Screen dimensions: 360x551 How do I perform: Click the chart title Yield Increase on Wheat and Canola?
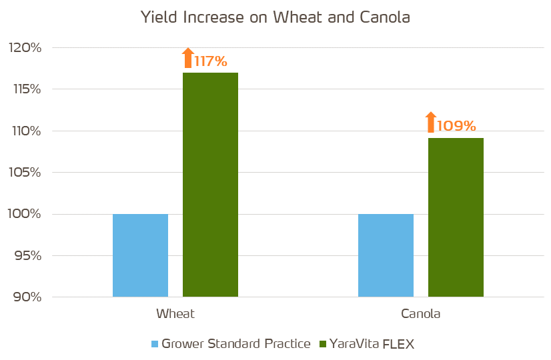[275, 18]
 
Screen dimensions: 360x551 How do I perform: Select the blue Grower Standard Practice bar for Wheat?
[140, 255]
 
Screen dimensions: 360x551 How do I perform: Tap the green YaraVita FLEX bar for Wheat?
[210, 185]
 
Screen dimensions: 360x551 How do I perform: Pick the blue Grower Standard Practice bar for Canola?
[386, 255]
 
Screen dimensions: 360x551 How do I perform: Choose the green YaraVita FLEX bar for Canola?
[456, 217]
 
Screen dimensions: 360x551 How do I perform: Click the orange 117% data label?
[211, 61]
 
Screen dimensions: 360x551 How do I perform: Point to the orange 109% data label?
[456, 125]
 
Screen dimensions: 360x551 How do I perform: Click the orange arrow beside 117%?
[188, 58]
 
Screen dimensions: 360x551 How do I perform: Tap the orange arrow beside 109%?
[431, 122]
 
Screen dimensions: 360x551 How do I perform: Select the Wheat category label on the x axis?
[175, 313]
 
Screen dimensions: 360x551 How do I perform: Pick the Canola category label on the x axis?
[421, 313]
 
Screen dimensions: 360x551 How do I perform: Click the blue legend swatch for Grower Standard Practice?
[155, 344]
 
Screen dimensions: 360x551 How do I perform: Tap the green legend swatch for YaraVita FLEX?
[324, 344]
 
